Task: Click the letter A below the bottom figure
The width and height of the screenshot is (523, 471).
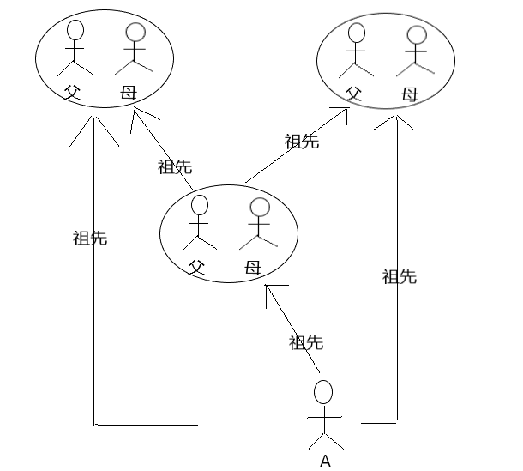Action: click(325, 461)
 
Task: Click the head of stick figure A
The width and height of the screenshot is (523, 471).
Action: click(323, 392)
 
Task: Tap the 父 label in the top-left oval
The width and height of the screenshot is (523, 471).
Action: click(71, 92)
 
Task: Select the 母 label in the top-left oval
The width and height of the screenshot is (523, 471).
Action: click(128, 92)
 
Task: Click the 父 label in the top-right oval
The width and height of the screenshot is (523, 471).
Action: click(352, 93)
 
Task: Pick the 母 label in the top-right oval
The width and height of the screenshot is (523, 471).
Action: click(410, 93)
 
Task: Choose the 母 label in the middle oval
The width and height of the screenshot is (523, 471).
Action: click(251, 267)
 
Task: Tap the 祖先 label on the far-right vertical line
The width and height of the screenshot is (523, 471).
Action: click(400, 276)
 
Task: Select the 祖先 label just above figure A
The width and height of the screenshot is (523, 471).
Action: click(306, 342)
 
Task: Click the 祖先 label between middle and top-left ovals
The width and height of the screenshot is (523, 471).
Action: click(175, 166)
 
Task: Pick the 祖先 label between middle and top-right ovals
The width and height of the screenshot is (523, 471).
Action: click(302, 142)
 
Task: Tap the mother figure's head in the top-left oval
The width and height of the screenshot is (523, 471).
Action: click(135, 33)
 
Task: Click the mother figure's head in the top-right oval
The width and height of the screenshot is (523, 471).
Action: click(417, 35)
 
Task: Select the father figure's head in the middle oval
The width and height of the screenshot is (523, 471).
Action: click(200, 205)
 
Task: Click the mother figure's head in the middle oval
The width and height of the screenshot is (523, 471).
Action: click(259, 208)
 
